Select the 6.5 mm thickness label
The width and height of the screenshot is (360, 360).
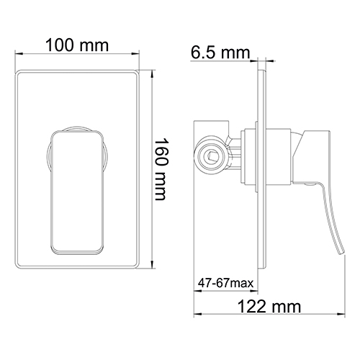(x=220, y=52)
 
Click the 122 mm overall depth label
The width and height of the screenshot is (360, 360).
(x=269, y=307)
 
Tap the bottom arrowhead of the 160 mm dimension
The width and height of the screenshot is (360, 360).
(x=153, y=267)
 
